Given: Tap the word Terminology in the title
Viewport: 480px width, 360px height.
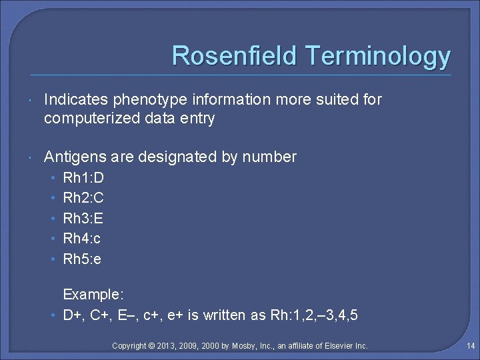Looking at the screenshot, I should (377, 57).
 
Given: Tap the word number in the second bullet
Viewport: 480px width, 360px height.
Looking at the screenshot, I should (269, 157).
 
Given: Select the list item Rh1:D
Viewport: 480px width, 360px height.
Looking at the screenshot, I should (83, 178).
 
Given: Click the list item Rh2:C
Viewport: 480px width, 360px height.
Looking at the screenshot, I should (83, 198).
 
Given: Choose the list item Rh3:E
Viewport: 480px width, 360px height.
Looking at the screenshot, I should (83, 218).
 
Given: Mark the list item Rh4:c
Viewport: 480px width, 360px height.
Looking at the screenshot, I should (81, 238).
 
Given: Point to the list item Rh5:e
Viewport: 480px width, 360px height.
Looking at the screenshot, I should (82, 258).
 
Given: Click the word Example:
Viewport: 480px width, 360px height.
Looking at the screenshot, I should (93, 294).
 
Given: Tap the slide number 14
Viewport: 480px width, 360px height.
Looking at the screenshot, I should (471, 346).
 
